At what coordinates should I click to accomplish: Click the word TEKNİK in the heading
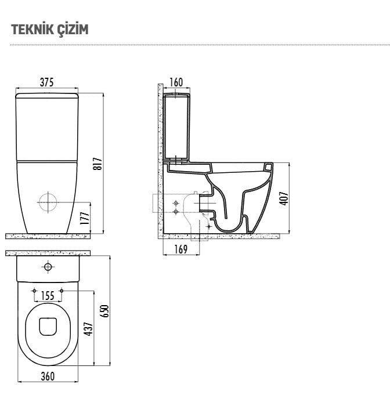pyautogui.click(x=28, y=29)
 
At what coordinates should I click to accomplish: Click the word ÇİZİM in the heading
pyautogui.click(x=68, y=30)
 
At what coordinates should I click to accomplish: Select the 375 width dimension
pyautogui.click(x=46, y=82)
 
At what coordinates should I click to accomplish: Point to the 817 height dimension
pyautogui.click(x=98, y=164)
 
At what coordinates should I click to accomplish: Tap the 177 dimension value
pyautogui.click(x=85, y=218)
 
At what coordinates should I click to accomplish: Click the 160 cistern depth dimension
pyautogui.click(x=176, y=82)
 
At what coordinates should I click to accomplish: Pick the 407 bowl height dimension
pyautogui.click(x=284, y=198)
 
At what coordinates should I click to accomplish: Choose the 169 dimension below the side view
pyautogui.click(x=180, y=249)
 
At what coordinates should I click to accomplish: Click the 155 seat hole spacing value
pyautogui.click(x=48, y=296)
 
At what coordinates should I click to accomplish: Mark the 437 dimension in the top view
pyautogui.click(x=88, y=329)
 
